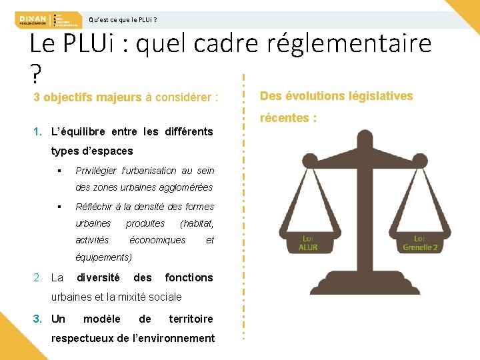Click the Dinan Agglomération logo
pyautogui.click(x=31, y=19)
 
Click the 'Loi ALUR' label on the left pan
pyautogui.click(x=308, y=243)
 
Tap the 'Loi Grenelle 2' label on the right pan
pyautogui.click(x=419, y=243)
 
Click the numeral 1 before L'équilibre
pyautogui.click(x=37, y=131)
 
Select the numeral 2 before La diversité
pyautogui.click(x=38, y=277)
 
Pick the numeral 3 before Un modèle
pyautogui.click(x=38, y=319)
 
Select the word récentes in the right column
pyautogui.click(x=283, y=118)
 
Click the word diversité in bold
pyautogui.click(x=99, y=277)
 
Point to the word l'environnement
pyautogui.click(x=173, y=338)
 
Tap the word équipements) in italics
pyautogui.click(x=104, y=257)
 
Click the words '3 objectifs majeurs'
pyautogui.click(x=87, y=97)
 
